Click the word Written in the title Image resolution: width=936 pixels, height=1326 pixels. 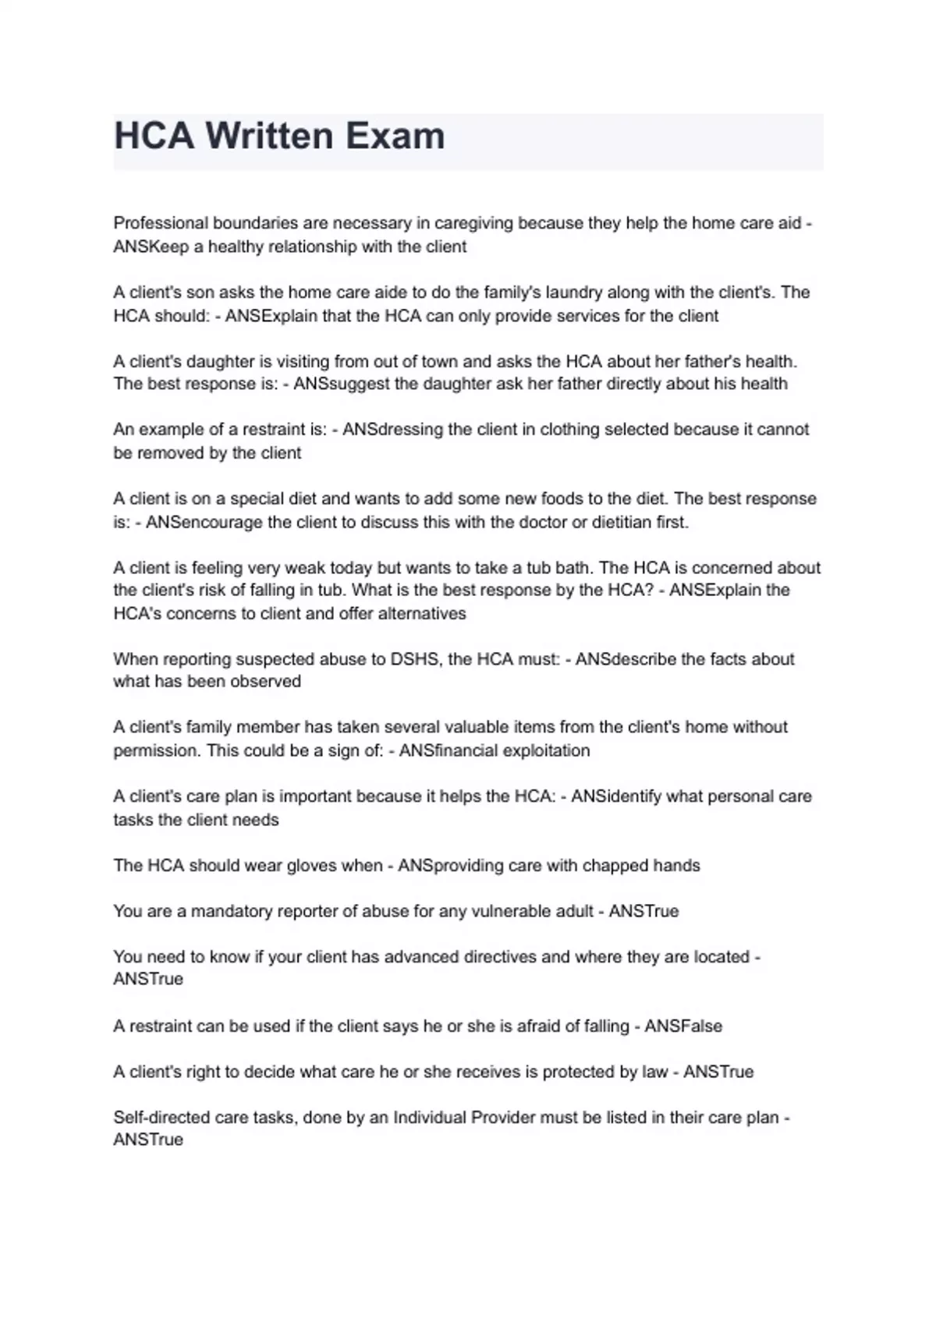[269, 136]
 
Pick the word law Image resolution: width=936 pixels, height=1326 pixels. [654, 1072]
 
